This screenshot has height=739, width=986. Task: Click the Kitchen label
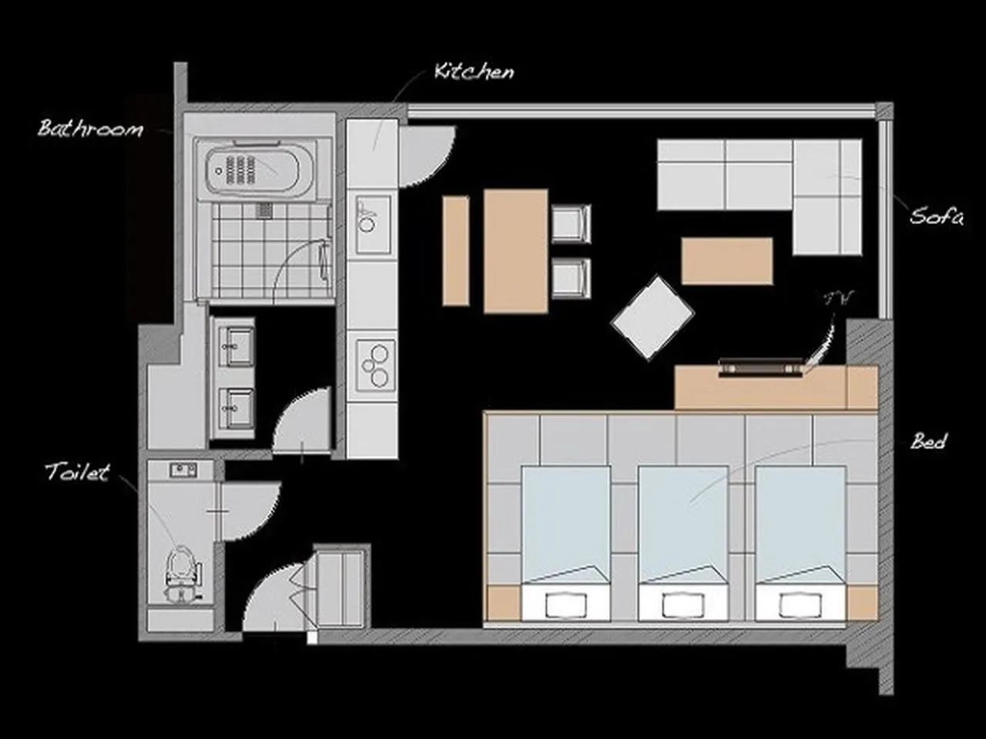(x=474, y=72)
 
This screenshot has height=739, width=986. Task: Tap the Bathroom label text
(x=91, y=128)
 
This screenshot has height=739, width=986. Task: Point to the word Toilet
(x=77, y=472)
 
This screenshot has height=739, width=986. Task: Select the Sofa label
(x=936, y=216)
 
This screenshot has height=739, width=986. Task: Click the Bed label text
(x=928, y=441)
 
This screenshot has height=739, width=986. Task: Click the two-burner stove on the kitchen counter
(x=375, y=365)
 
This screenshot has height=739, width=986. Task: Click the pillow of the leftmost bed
(x=567, y=604)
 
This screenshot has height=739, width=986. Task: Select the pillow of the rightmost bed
(x=800, y=604)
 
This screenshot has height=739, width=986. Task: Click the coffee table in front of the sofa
(x=726, y=261)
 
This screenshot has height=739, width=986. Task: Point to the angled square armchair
(x=652, y=317)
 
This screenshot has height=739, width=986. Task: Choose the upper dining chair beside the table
(x=571, y=224)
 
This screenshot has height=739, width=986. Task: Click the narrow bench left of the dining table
(x=455, y=250)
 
